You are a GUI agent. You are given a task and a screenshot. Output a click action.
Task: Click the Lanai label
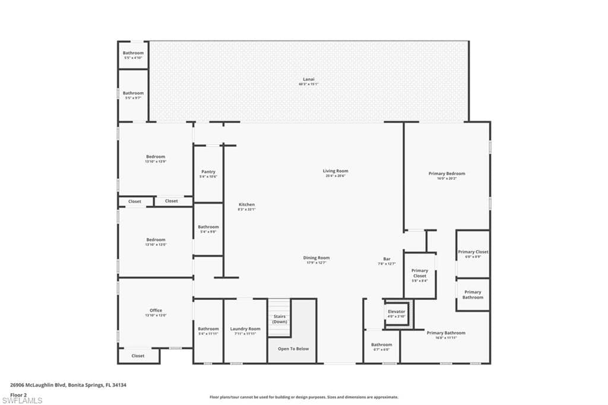(x=308, y=81)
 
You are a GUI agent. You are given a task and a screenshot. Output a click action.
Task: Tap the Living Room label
(x=335, y=173)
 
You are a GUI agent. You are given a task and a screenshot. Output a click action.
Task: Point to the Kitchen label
(x=246, y=207)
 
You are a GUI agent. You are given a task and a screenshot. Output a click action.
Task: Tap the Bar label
(x=387, y=261)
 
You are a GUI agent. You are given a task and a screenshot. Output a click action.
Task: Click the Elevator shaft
(x=397, y=313)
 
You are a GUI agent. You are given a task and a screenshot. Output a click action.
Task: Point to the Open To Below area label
(x=294, y=349)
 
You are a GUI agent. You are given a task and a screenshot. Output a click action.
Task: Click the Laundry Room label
(x=245, y=331)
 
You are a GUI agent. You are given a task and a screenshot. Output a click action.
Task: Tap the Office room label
(x=156, y=312)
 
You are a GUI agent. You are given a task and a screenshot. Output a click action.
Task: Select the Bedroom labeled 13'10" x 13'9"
(x=156, y=159)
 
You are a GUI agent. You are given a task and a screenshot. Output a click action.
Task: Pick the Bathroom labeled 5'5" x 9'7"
(x=133, y=95)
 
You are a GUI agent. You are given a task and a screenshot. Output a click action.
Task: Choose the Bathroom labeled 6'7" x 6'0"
(x=381, y=346)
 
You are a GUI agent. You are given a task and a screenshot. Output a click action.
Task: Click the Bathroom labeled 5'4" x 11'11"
(x=208, y=331)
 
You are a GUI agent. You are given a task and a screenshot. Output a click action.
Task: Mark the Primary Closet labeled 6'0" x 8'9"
(x=473, y=254)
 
